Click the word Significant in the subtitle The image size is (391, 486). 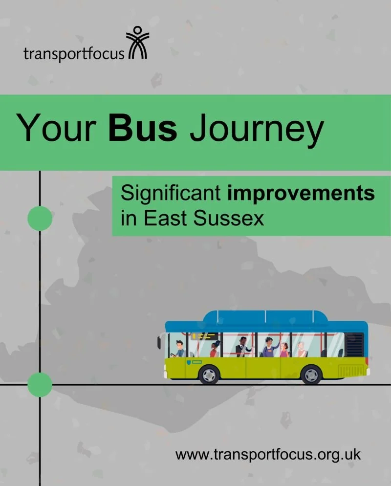tap(171, 194)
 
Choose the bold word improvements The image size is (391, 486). tap(301, 194)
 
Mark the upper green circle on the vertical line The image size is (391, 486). tap(40, 218)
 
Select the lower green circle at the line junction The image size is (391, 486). tap(40, 384)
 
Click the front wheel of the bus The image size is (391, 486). tap(209, 375)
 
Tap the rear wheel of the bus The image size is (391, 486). tap(311, 375)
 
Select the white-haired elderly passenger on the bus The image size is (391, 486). tap(301, 349)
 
